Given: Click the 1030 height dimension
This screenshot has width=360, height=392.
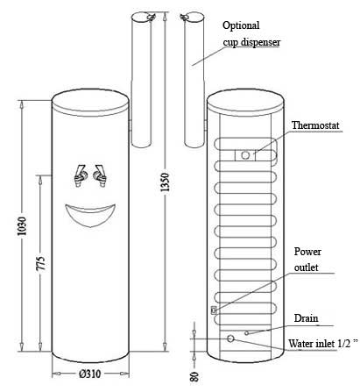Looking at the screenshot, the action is coord(22,226).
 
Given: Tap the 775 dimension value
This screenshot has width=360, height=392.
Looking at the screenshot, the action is coord(41,263).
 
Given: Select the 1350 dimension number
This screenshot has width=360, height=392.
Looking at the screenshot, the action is coord(165,182).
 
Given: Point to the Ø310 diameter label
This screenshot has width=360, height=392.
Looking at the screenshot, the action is coord(90,374).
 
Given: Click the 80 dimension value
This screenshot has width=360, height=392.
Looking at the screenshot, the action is coord(194,376).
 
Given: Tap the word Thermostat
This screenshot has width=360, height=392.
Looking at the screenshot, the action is coord(315,125).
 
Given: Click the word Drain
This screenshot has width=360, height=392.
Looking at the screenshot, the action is coord(306,318).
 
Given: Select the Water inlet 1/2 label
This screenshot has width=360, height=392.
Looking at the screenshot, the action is coord(322,343).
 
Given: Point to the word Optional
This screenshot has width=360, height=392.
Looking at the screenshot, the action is coord(241,25).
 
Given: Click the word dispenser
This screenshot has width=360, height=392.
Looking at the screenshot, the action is coord(261,42).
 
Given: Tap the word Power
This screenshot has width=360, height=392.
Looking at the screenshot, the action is coord(307,252).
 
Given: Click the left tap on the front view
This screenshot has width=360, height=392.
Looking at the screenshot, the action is coord(80,175).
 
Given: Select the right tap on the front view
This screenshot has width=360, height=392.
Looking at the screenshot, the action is coord(100,175).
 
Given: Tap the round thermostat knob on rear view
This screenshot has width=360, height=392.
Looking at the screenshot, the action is coord(245,155).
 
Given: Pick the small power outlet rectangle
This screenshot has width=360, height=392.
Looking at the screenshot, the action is coord(214,310).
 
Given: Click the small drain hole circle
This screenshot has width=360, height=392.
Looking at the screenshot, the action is coord(247,332).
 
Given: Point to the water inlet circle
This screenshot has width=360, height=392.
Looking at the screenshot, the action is coord(230,339).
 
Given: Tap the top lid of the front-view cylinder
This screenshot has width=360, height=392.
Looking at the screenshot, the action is coord(90,102).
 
